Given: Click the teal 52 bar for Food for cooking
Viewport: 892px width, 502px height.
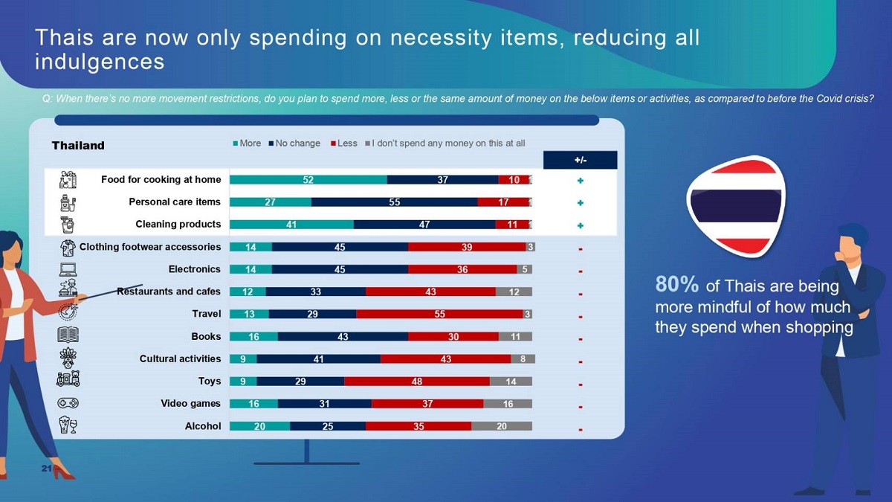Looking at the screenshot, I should [x=308, y=180].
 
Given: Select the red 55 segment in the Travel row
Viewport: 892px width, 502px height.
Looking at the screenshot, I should [x=439, y=314].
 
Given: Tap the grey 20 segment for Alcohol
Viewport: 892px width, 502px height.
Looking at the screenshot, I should [x=501, y=426].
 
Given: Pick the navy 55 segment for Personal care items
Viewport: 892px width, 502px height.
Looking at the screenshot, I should [x=394, y=202].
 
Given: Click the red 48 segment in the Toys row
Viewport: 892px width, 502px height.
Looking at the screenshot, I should [x=416, y=382].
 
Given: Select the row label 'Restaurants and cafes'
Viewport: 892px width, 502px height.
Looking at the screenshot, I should [x=169, y=292].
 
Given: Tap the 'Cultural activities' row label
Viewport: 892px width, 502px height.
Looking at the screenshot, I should [x=180, y=358].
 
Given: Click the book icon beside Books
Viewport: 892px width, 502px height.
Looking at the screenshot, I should [x=68, y=335].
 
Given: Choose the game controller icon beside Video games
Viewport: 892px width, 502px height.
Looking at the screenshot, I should [x=68, y=403].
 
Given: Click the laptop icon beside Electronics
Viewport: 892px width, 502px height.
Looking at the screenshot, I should [x=68, y=269].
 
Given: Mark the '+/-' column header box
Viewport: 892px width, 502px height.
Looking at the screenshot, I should [x=580, y=160].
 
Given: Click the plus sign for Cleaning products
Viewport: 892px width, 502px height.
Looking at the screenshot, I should [x=580, y=225].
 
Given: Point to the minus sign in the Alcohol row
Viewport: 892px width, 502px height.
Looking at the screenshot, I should [x=580, y=429].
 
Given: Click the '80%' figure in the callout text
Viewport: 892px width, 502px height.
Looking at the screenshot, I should [x=676, y=285].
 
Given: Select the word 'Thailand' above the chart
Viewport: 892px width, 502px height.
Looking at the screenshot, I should [x=78, y=146].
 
